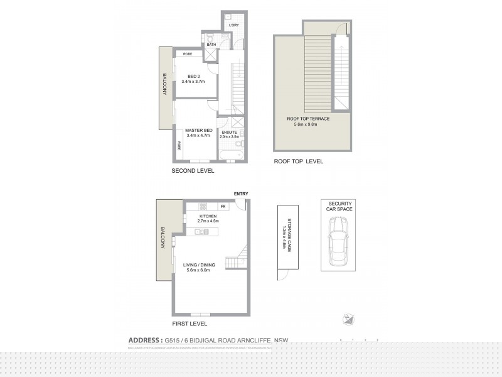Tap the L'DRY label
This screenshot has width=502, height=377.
(234, 25)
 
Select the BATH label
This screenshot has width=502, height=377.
(211, 45)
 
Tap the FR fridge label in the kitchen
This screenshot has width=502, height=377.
(223, 206)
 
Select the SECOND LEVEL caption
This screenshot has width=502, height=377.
(193, 170)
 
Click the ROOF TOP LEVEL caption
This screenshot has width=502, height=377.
(298, 161)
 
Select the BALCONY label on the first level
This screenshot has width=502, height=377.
(163, 238)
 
